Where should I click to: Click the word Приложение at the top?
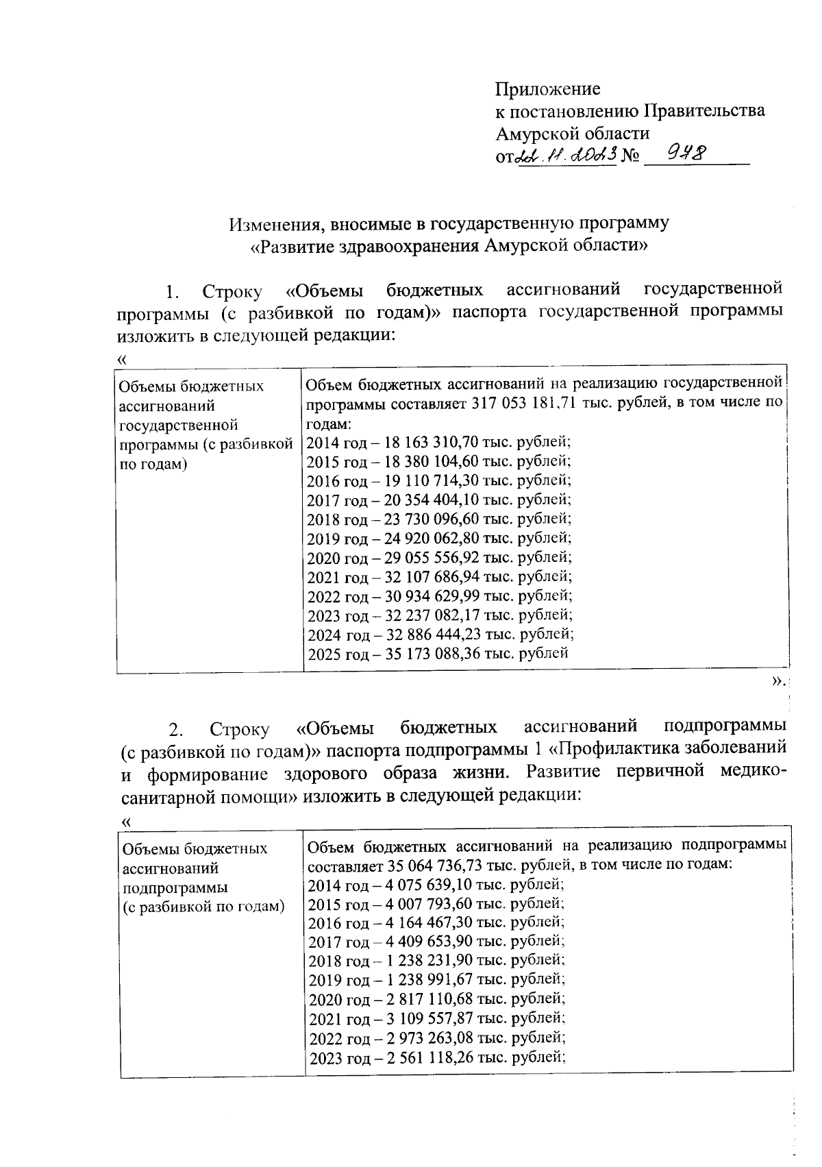click(547, 89)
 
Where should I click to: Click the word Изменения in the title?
click(273, 223)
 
